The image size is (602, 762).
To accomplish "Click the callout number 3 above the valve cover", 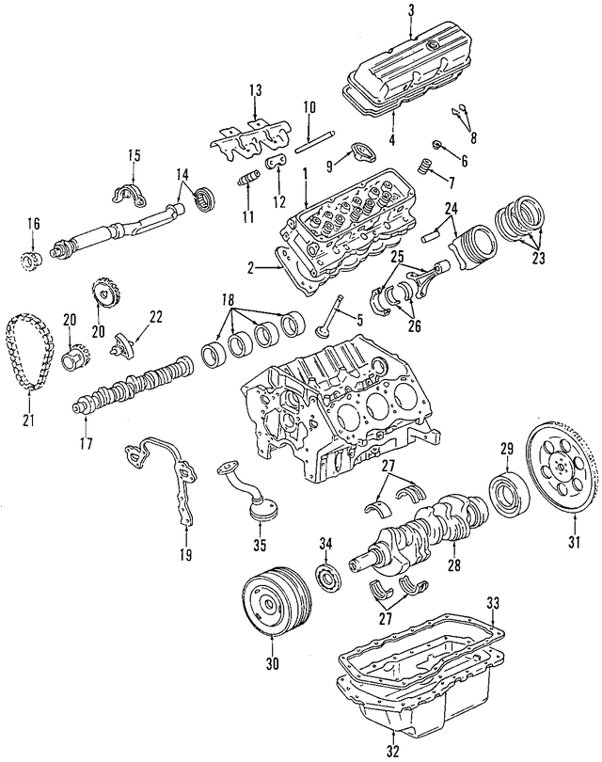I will click(410, 10).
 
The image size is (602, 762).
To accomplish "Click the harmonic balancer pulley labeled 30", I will click(270, 601).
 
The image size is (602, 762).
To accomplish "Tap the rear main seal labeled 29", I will click(508, 496).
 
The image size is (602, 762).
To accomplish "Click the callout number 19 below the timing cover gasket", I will click(185, 555).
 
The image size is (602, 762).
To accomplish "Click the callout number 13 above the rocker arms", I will click(254, 90).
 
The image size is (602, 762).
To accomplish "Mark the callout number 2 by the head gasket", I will click(251, 269).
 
